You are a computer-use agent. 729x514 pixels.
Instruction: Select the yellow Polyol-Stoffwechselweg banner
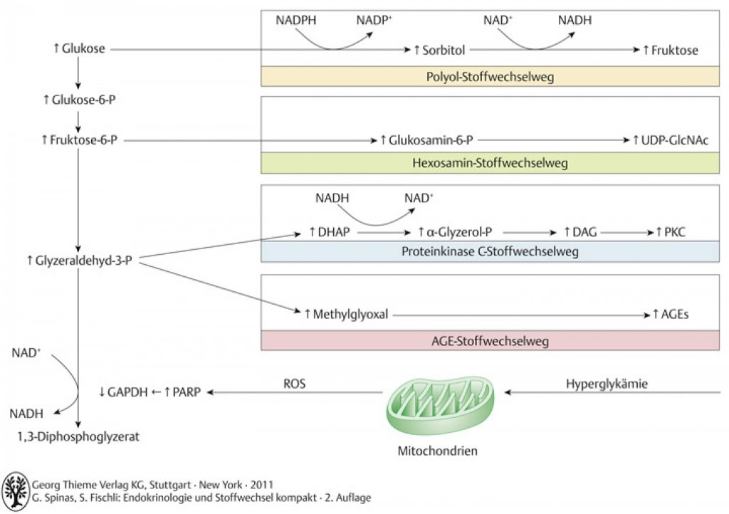pos(490,76)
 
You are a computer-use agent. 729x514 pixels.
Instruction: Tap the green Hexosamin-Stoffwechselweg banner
pos(490,163)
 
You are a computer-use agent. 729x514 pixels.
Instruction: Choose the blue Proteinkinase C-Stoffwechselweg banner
pos(490,251)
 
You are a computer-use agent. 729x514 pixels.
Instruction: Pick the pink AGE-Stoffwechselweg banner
pos(490,341)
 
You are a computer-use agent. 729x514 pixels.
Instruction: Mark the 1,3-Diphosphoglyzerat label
pos(78,437)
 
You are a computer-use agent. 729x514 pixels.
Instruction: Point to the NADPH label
pos(295,21)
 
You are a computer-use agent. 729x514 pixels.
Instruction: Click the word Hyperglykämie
pos(607,384)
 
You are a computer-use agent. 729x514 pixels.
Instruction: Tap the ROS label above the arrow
pos(294,384)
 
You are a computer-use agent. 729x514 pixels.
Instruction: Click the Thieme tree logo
pos(16,491)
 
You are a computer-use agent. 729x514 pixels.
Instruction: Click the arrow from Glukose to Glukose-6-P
pos(78,73)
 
